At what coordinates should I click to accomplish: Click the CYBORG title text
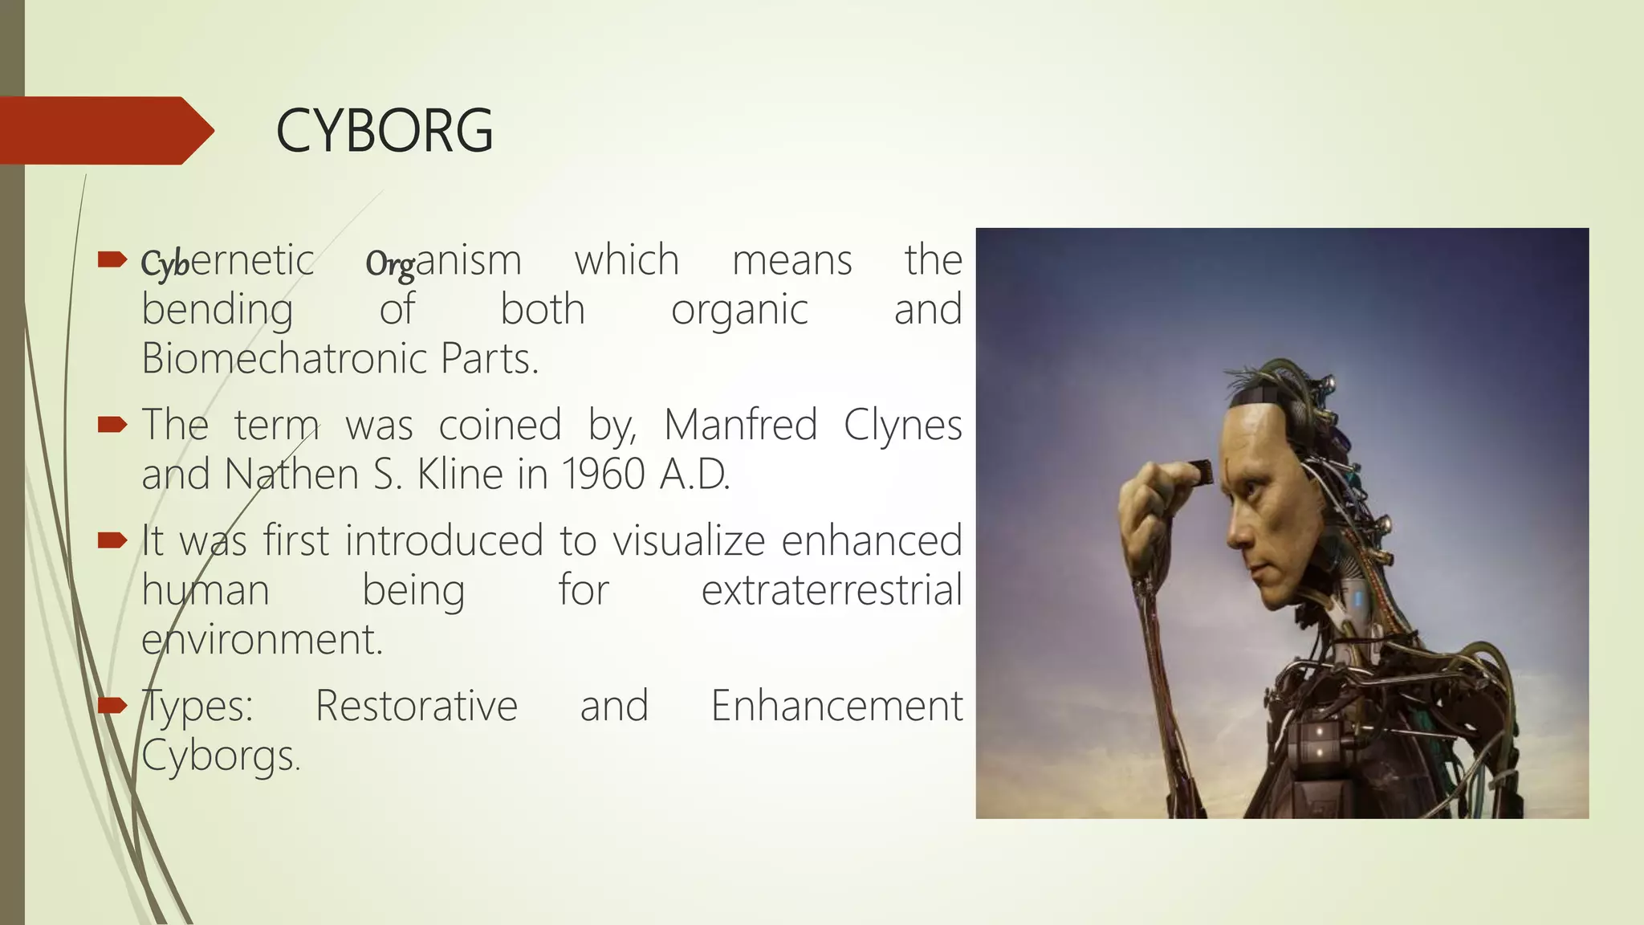click(384, 131)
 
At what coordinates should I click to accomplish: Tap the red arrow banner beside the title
click(104, 130)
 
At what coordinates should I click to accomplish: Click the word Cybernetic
click(227, 261)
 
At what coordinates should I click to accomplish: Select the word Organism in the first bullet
click(443, 261)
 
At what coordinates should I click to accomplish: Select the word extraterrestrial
click(832, 590)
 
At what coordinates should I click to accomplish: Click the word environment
click(262, 640)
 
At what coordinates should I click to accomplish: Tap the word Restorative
click(417, 706)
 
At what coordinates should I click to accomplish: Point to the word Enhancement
click(836, 706)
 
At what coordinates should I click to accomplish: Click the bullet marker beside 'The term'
click(112, 424)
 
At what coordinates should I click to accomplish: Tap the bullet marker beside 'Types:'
click(112, 706)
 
